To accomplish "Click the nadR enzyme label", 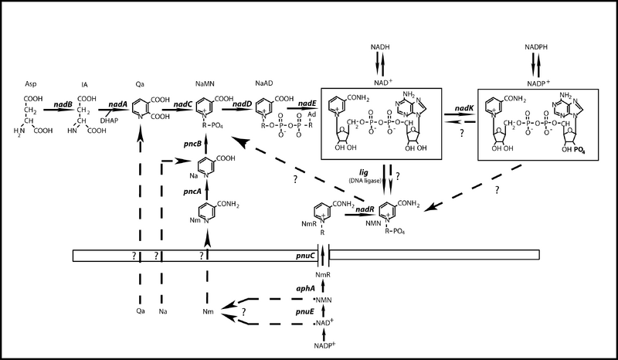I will tap(355, 210).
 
